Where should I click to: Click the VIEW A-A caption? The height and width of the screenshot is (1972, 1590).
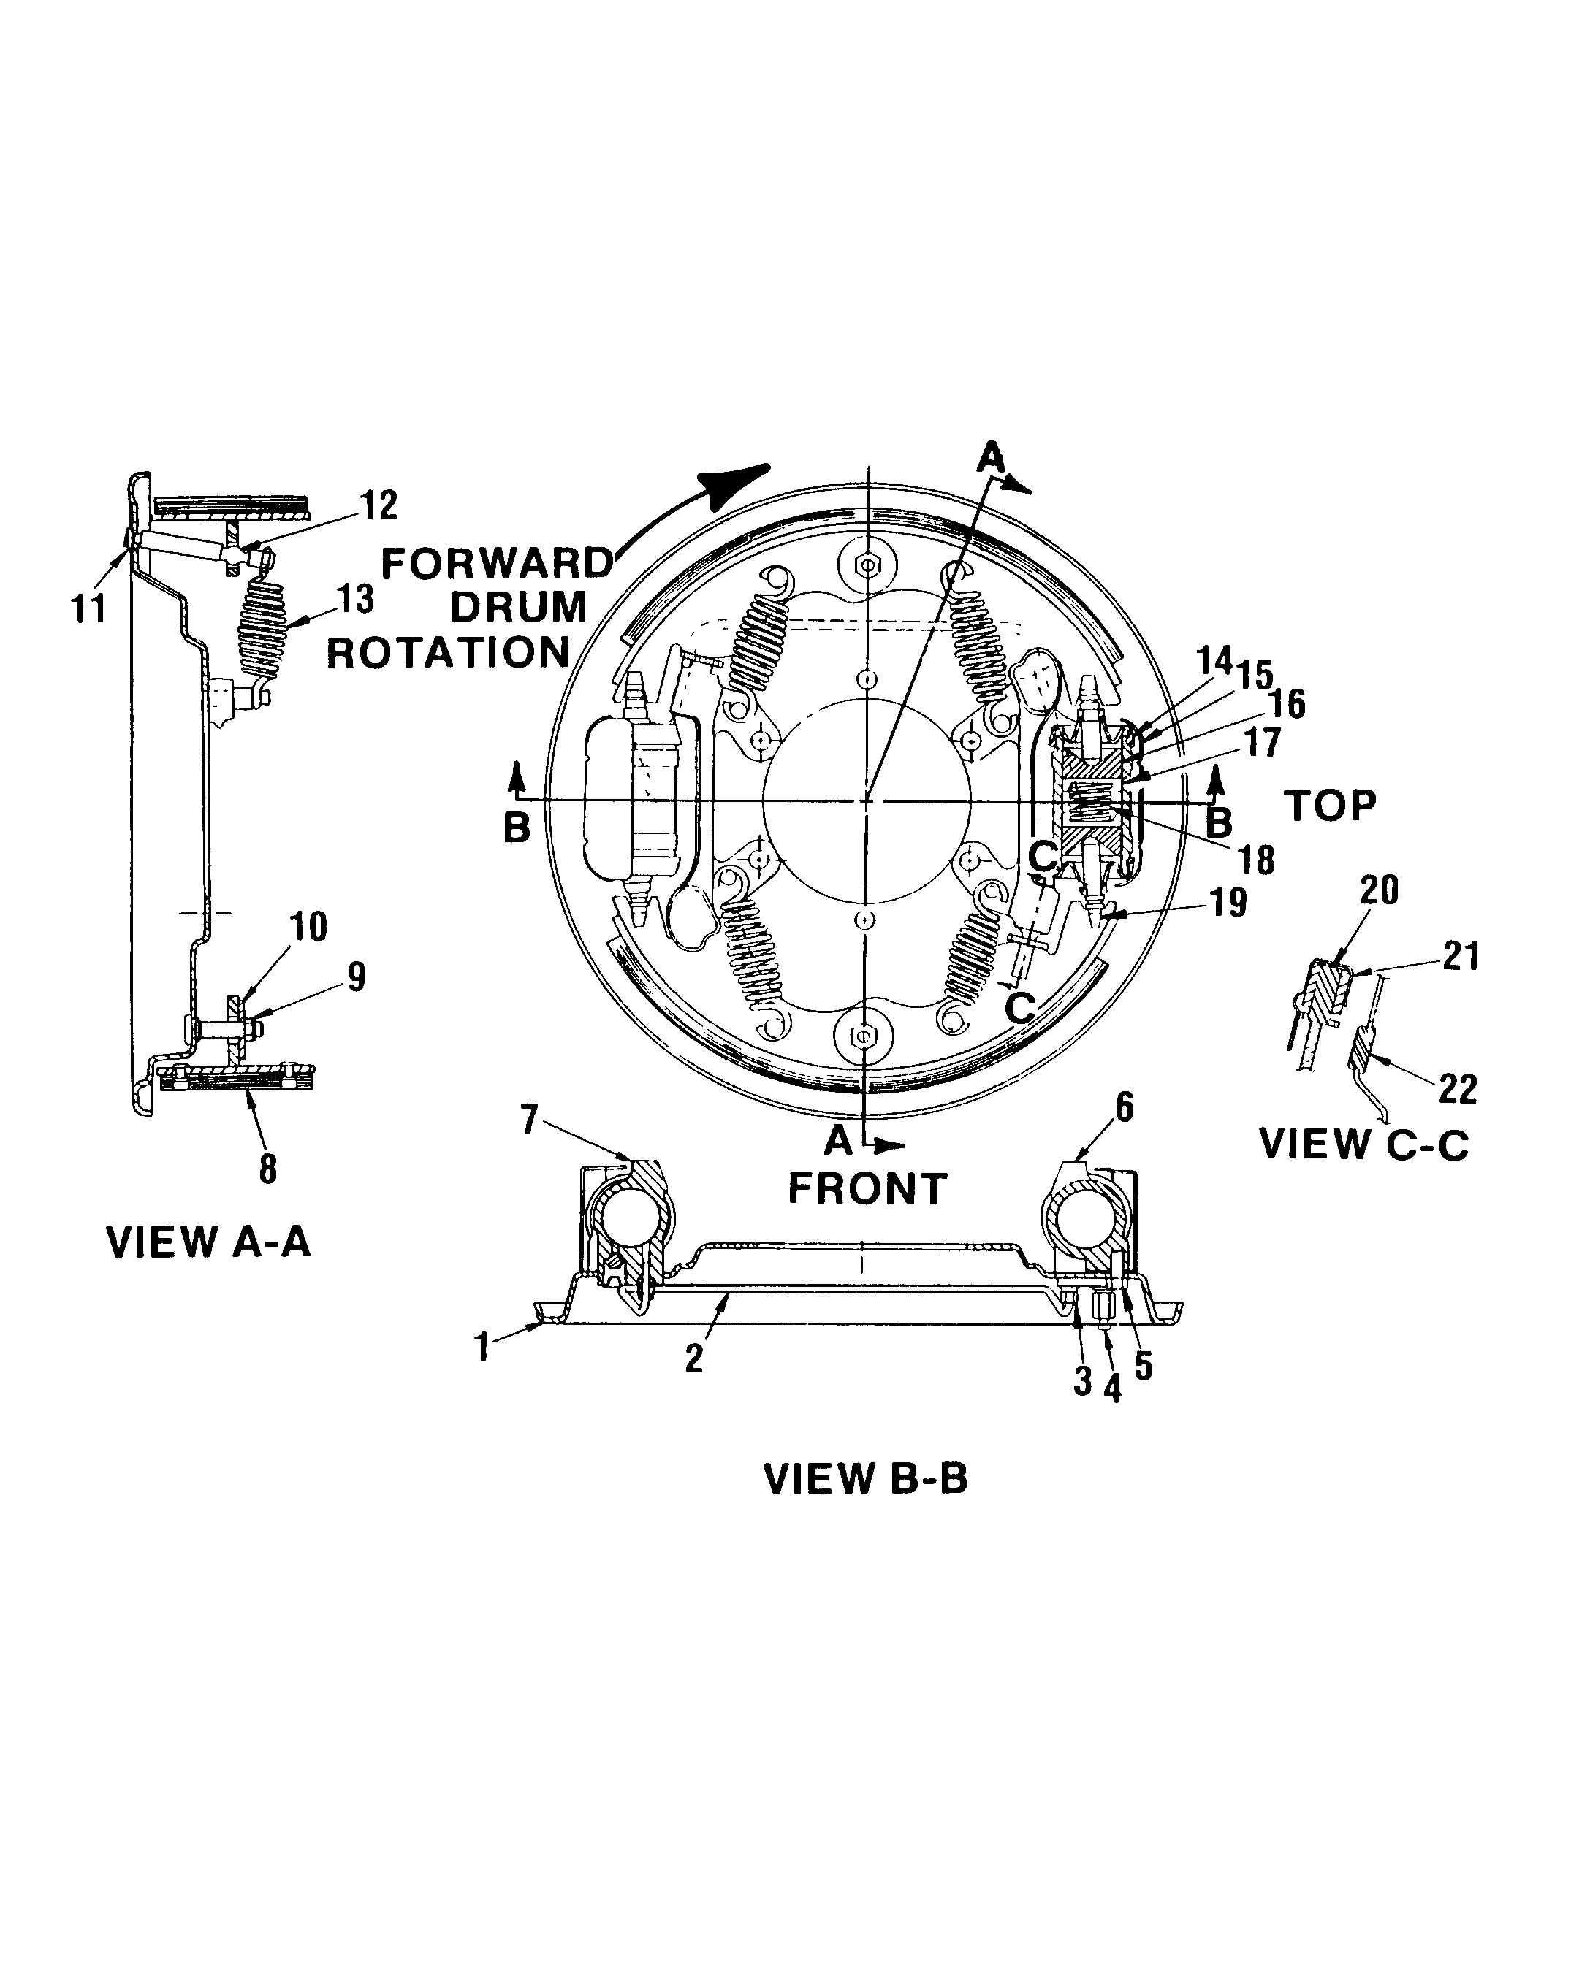click(209, 1243)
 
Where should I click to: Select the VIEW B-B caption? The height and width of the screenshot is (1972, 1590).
click(866, 1480)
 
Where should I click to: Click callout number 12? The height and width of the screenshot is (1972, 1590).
click(379, 505)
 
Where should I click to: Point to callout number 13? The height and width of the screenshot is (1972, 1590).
click(355, 599)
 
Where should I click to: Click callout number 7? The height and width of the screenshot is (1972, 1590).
click(529, 1119)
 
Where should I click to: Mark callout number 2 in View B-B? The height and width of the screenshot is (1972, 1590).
click(694, 1358)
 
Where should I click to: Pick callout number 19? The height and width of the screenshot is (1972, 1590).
click(1228, 903)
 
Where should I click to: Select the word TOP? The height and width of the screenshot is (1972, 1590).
click(1330, 806)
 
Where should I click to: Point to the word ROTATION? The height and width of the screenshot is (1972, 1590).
click(449, 654)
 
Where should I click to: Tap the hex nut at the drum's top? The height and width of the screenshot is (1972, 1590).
click(867, 567)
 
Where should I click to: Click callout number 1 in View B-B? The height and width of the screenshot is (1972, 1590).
click(483, 1347)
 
